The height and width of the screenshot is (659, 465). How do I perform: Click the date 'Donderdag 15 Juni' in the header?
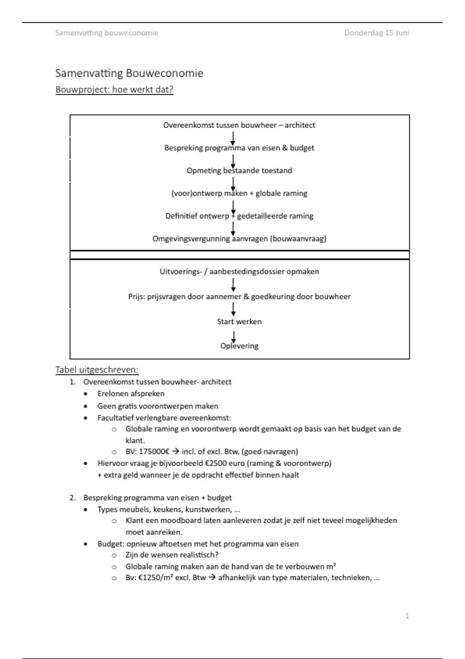(376, 33)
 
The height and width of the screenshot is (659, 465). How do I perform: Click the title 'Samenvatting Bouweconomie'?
(129, 73)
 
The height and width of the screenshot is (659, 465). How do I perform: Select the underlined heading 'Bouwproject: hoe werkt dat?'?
(114, 90)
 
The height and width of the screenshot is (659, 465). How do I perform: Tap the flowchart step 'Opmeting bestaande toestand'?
(239, 171)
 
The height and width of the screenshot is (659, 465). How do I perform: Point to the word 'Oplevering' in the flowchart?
(239, 346)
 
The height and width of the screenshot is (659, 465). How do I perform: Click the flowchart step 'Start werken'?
(239, 321)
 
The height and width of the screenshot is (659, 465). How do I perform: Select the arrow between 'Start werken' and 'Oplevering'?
(233, 336)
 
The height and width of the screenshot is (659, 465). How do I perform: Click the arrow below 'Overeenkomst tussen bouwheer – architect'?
(233, 138)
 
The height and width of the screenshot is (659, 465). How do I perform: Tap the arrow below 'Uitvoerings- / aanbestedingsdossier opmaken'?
(233, 285)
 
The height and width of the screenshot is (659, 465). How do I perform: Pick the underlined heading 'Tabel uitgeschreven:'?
(97, 369)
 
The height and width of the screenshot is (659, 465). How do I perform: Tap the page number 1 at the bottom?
(407, 616)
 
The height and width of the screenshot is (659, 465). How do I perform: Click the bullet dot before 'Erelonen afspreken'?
(86, 394)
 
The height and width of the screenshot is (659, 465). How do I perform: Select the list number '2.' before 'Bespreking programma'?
(72, 498)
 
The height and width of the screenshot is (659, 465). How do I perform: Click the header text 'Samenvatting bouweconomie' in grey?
(107, 33)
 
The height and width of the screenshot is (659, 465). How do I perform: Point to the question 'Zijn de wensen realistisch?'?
(172, 555)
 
